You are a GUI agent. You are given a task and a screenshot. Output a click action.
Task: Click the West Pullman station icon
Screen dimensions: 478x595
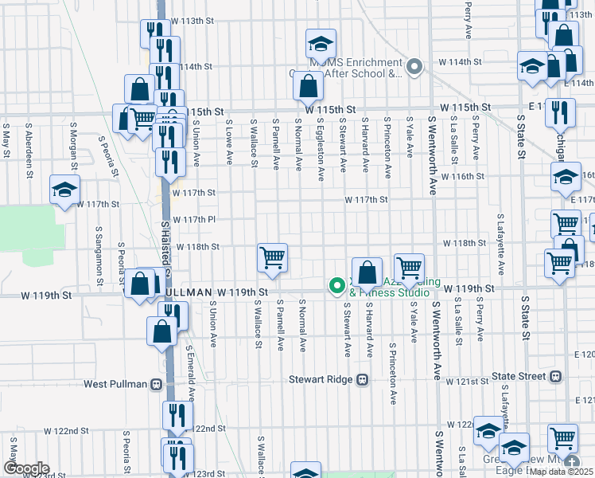coord(157,384)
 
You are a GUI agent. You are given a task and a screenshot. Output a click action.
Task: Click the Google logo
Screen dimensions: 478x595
coord(25,468)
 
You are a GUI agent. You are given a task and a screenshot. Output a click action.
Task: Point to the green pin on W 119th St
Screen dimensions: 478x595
coord(337,284)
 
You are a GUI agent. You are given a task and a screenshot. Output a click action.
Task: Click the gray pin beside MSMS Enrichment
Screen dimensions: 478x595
coord(414,68)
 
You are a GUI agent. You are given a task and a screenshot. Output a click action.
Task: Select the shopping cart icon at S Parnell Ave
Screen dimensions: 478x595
coord(272,258)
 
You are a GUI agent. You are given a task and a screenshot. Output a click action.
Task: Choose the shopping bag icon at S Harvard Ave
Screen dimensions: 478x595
coord(367,273)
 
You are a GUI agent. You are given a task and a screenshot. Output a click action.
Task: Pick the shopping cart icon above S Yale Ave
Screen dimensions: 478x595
coord(409,268)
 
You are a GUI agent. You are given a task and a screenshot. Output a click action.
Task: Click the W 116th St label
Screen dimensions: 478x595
coord(464,176)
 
